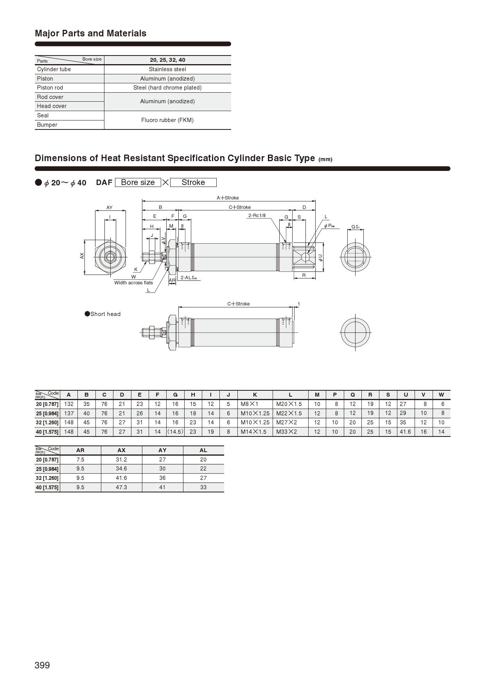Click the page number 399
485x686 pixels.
pyautogui.click(x=42, y=665)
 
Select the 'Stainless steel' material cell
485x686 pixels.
pyautogui.click(x=167, y=69)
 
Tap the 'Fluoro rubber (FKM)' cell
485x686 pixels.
pyautogui.click(x=167, y=120)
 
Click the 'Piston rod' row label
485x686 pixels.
pyautogui.click(x=50, y=88)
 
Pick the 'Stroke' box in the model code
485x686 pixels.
pyautogui.click(x=193, y=182)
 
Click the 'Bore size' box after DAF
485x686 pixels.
pyautogui.click(x=138, y=182)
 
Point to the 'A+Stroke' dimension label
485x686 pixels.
pyautogui.click(x=228, y=198)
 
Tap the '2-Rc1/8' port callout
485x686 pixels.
pyautogui.click(x=257, y=215)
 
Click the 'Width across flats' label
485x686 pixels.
pyautogui.click(x=133, y=283)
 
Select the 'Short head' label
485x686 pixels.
pyautogui.click(x=105, y=314)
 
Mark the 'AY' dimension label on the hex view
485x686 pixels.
pyautogui.click(x=110, y=208)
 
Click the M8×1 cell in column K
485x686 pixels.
pyautogui.click(x=250, y=404)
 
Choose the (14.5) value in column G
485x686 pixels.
pyautogui.click(x=175, y=432)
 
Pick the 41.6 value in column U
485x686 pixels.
pyautogui.click(x=405, y=432)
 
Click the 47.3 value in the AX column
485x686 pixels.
pyautogui.click(x=121, y=487)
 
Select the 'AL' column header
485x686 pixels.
pyautogui.click(x=203, y=450)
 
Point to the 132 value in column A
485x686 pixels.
pyautogui.click(x=69, y=404)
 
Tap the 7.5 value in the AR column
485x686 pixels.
pyautogui.click(x=80, y=460)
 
